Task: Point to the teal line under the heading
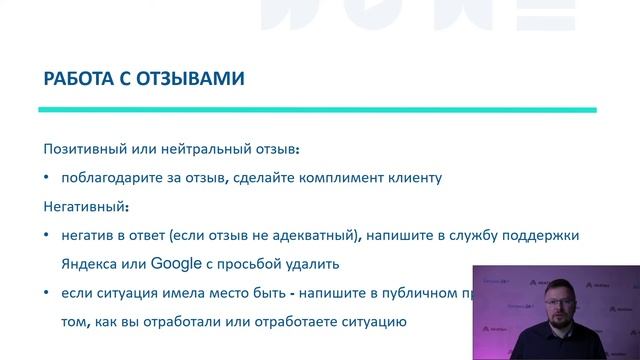click(318, 109)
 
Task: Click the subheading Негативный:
click(86, 206)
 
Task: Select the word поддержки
click(567, 236)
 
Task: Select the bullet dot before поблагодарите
click(46, 178)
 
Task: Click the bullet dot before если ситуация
click(46, 294)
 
